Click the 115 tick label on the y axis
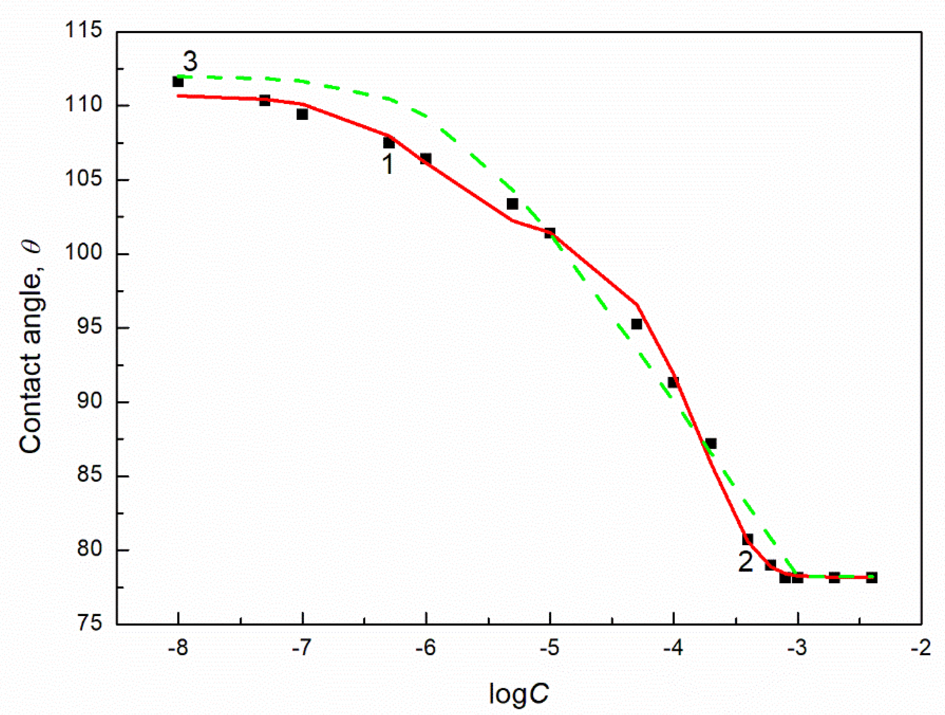(83, 31)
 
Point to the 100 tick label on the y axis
(83, 253)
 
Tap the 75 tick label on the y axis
(90, 623)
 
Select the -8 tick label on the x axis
(178, 648)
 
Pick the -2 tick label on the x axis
(921, 648)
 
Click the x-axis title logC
(518, 693)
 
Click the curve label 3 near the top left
(190, 62)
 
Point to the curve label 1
(387, 164)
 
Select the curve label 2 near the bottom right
(745, 563)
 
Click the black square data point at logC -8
(178, 81)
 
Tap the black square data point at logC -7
(302, 114)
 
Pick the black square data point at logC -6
(425, 159)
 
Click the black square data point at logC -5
(549, 233)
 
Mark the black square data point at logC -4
(673, 382)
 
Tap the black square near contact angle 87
(710, 443)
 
